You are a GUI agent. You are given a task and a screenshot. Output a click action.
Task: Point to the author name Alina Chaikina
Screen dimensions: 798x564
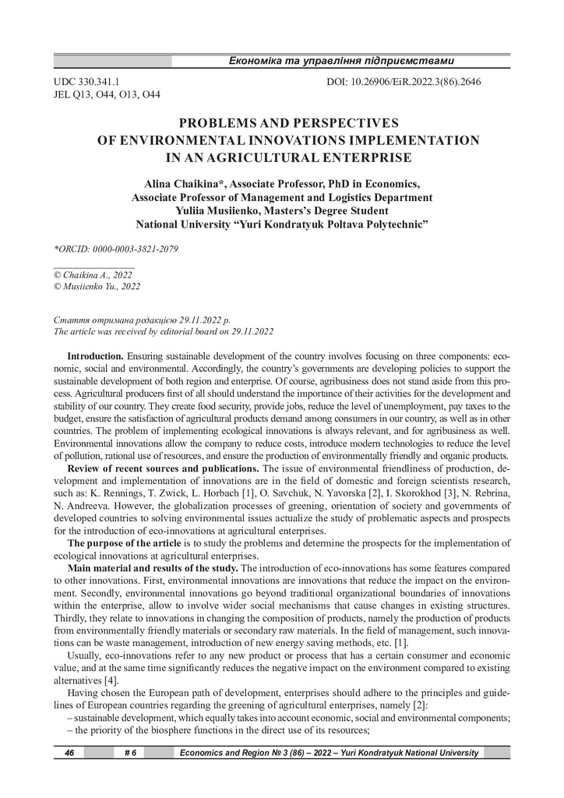click(186, 184)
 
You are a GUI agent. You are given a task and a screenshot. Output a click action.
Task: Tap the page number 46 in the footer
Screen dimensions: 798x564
click(69, 753)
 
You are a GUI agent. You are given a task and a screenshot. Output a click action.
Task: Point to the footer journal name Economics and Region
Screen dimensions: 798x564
click(226, 753)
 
